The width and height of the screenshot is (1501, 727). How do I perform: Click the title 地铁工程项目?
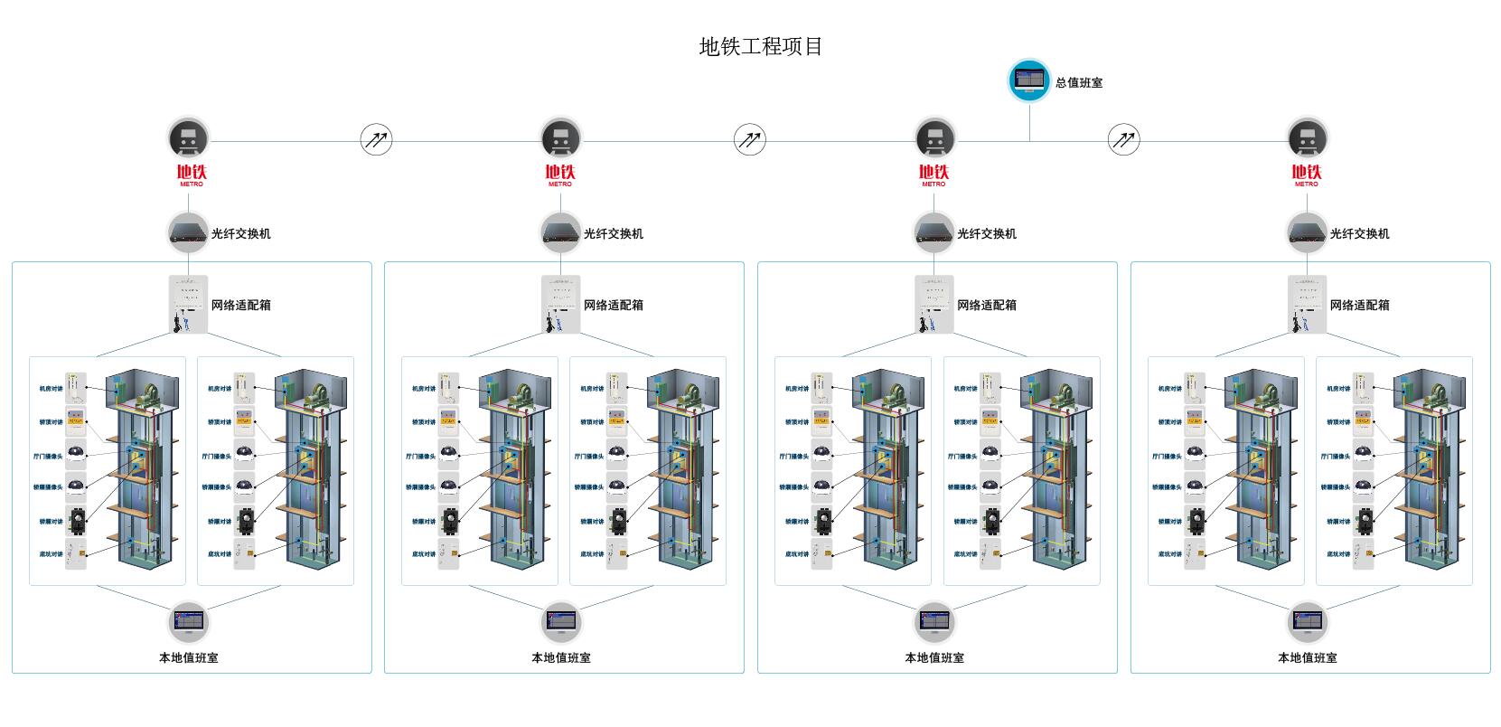[x=761, y=47]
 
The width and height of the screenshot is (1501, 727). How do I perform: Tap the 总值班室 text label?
[x=1079, y=83]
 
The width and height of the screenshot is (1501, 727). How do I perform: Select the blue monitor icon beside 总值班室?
[x=1028, y=80]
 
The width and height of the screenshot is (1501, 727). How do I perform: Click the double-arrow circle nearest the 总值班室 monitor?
[x=1123, y=140]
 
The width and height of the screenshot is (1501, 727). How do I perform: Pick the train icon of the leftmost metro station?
[x=188, y=139]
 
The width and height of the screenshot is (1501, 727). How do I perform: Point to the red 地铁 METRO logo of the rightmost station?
[x=1306, y=175]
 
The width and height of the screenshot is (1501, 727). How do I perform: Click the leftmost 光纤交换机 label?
[x=241, y=234]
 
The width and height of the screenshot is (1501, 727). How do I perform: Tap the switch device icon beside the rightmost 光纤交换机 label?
[x=1307, y=232]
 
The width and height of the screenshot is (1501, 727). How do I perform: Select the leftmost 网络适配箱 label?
[x=241, y=306]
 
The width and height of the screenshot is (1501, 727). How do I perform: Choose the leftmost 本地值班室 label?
[x=189, y=658]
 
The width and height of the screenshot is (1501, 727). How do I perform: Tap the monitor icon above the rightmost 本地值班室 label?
[x=1307, y=622]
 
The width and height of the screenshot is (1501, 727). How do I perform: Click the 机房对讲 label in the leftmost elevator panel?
[x=51, y=389]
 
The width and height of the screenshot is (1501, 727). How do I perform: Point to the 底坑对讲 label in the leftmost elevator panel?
[x=51, y=554]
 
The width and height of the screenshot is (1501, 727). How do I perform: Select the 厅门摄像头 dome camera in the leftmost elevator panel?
[x=76, y=454]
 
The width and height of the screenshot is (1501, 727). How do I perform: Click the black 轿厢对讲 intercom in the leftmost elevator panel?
[x=77, y=521]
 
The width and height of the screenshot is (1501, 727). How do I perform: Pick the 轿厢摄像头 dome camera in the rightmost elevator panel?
[x=1363, y=486]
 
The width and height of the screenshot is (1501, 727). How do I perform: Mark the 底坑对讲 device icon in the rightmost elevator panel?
[x=1363, y=554]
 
